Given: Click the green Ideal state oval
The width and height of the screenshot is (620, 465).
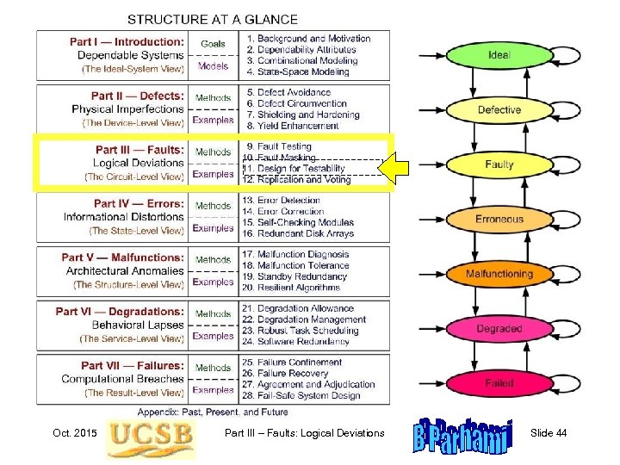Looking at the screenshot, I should click(499, 55).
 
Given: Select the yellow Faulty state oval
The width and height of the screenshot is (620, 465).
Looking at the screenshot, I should click(499, 164).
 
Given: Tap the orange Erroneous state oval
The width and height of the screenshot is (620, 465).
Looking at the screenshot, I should click(499, 220).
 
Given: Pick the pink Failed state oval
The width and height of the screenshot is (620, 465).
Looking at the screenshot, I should click(499, 383).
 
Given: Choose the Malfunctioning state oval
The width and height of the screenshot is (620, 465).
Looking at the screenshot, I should click(499, 274).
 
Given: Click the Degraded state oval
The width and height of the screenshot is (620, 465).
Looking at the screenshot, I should click(499, 329).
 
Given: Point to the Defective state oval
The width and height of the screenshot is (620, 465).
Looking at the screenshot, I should click(499, 110).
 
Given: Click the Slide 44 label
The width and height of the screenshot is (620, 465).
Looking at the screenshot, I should click(549, 432).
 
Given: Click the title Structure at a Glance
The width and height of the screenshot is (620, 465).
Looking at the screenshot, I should click(213, 19).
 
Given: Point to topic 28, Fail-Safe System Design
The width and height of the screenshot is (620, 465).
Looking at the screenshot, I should click(301, 396).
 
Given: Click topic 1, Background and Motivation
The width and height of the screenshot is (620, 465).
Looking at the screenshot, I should click(308, 38).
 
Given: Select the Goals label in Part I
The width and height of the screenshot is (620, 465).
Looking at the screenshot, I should click(213, 44).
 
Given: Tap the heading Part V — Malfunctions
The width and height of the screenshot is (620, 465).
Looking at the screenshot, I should click(123, 257).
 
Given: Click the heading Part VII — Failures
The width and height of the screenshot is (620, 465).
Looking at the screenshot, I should click(133, 365).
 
